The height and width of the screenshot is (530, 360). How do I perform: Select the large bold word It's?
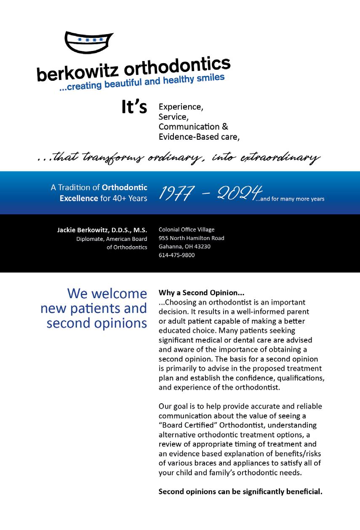tap(134, 107)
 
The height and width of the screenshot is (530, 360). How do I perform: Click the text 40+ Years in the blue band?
tap(130, 198)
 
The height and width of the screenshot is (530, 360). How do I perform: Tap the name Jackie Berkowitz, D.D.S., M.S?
tap(102, 230)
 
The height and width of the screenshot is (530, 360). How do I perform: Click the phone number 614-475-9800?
tap(176, 255)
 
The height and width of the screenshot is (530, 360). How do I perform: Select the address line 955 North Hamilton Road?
tap(191, 238)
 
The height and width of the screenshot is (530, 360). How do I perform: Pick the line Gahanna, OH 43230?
tap(184, 247)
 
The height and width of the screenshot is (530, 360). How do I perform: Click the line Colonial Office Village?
tap(187, 229)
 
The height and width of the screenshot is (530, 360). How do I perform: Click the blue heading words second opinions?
tap(97, 323)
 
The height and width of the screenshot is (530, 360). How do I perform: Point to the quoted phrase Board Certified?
tap(189, 425)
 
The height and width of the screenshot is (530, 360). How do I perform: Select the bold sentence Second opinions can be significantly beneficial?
tap(240, 491)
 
